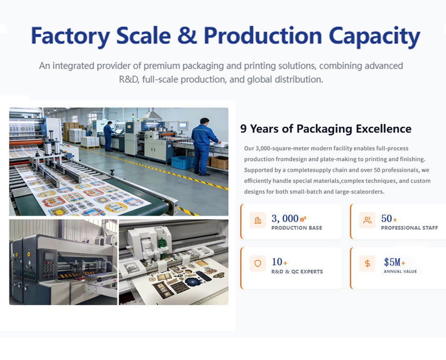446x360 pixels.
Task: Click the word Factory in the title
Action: click(70, 36)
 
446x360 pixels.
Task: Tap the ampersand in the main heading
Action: click(187, 36)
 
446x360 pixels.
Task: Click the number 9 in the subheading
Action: click(243, 129)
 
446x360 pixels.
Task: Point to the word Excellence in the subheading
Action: click(383, 129)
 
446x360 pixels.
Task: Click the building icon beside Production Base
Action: click(258, 220)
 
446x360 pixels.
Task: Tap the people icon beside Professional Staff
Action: click(367, 220)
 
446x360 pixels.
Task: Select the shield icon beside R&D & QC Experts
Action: click(258, 263)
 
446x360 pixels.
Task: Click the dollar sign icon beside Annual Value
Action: click(367, 263)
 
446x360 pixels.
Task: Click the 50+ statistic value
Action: click(389, 218)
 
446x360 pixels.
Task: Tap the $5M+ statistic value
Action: click(394, 262)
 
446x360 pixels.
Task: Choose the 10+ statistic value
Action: click(279, 262)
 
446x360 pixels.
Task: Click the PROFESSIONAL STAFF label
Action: click(409, 228)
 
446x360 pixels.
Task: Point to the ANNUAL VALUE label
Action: click(400, 271)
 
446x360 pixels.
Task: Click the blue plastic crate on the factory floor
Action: click(182, 162)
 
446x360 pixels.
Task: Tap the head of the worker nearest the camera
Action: click(204, 121)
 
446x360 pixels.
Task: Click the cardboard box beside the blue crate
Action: click(219, 163)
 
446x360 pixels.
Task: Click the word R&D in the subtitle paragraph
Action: click(129, 79)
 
